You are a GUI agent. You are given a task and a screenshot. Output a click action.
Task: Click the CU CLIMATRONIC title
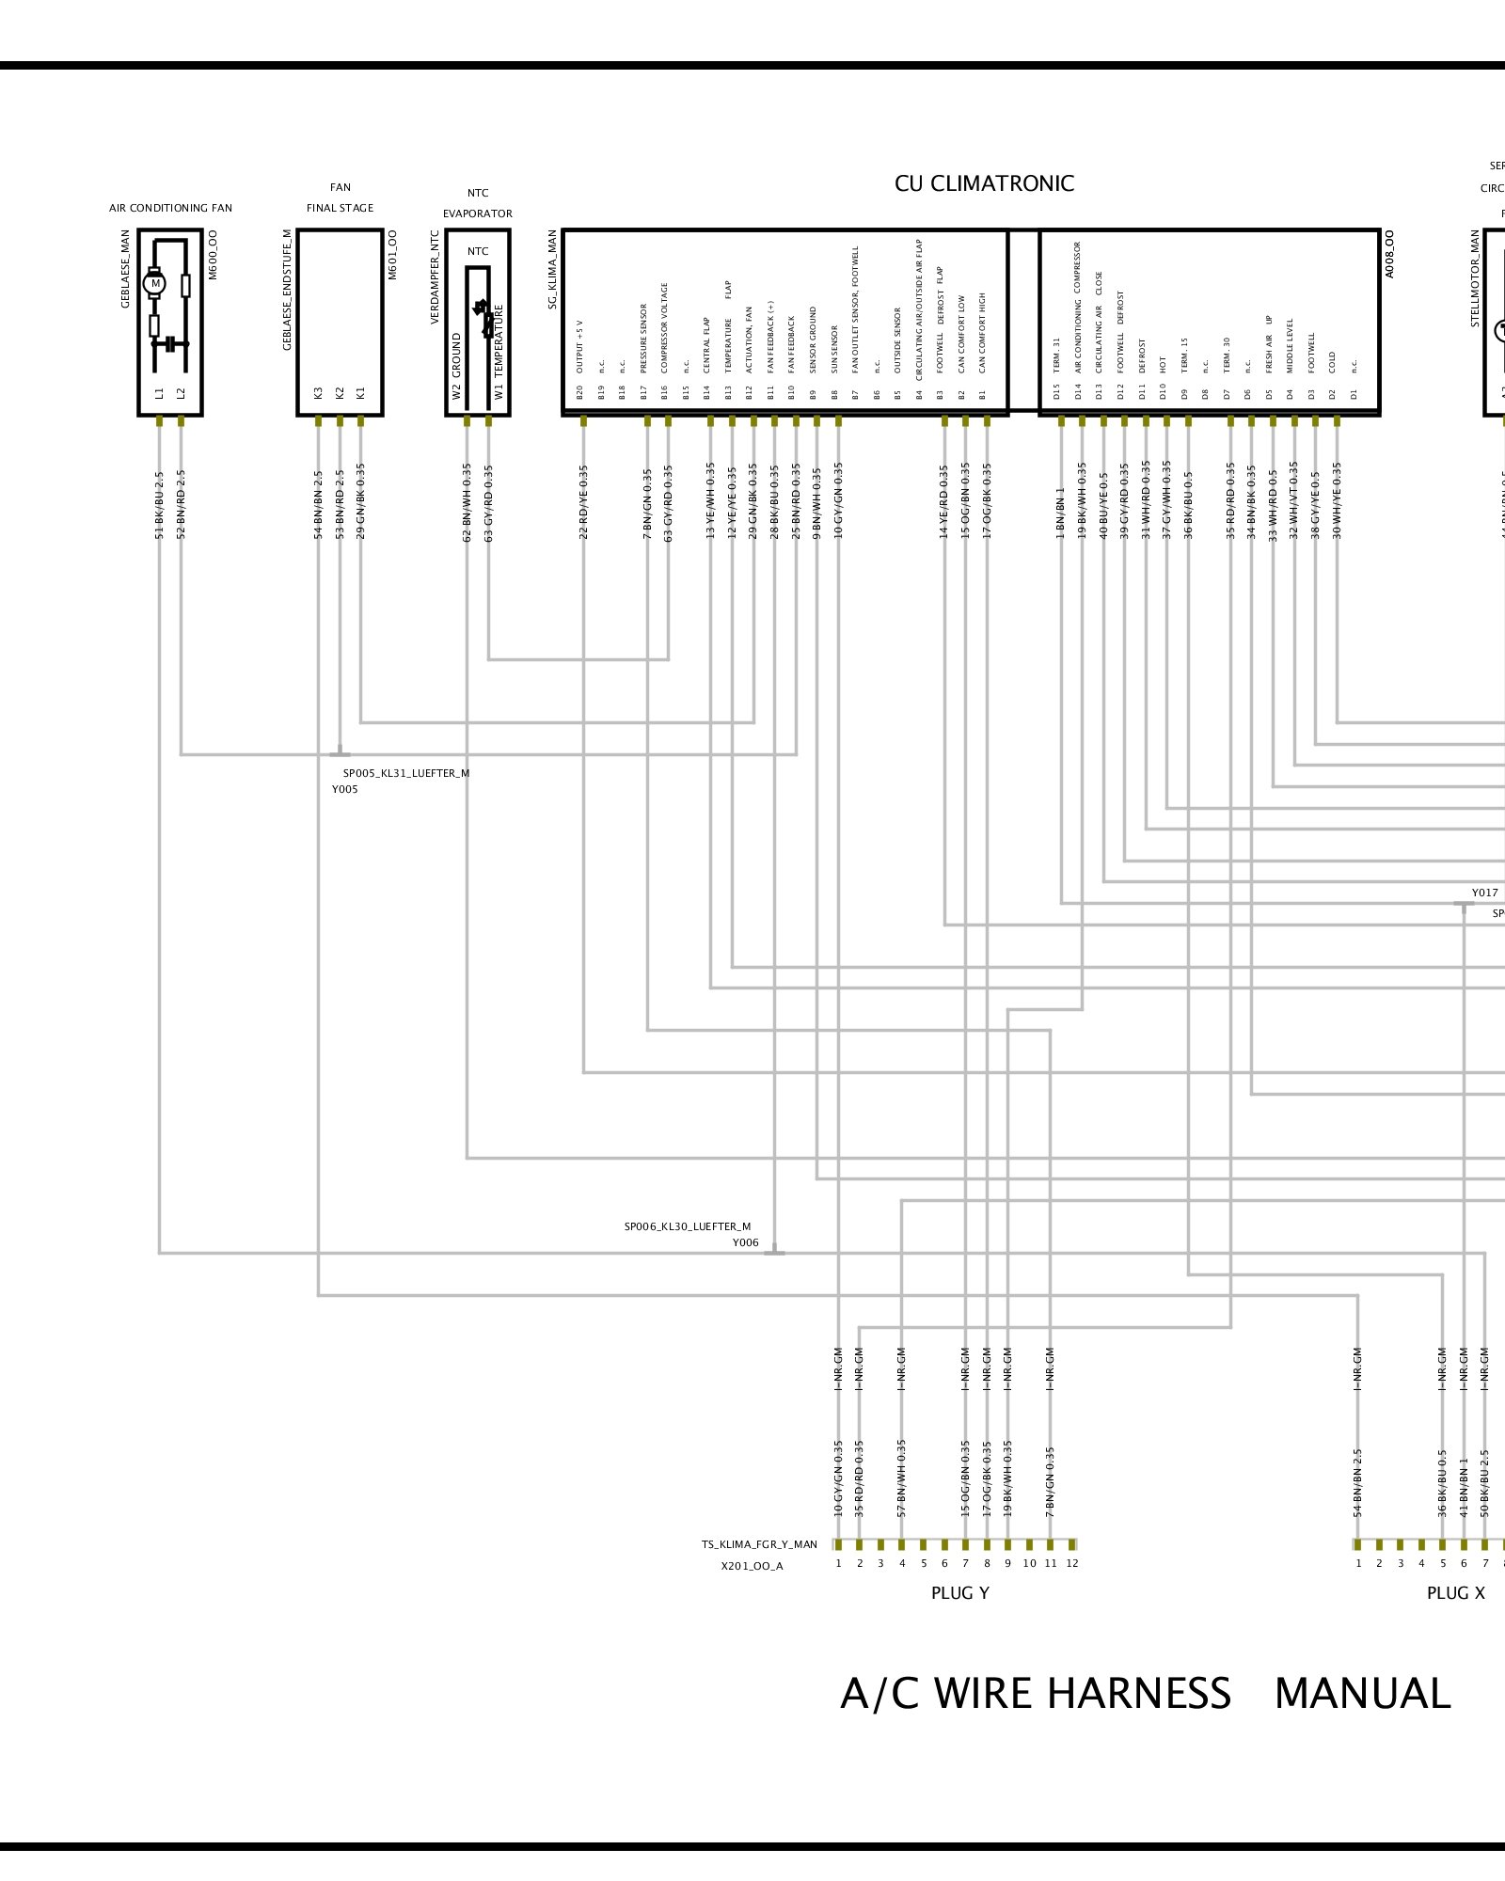point(984,183)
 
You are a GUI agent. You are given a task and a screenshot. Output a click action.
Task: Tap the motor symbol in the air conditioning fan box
point(155,283)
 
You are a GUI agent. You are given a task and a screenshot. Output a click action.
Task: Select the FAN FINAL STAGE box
point(340,321)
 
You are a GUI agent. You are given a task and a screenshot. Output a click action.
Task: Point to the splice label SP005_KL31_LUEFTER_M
point(405,773)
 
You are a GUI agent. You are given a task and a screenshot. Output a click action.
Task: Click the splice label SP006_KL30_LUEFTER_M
point(688,1226)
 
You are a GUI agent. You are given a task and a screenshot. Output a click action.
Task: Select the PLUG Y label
point(959,1593)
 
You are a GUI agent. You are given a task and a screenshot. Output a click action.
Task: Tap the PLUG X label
point(1455,1593)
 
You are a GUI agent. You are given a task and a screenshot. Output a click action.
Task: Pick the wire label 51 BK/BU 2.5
point(160,504)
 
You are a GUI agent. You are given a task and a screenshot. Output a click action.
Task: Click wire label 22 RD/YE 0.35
point(583,502)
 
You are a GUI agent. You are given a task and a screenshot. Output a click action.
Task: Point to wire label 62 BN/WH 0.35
point(467,502)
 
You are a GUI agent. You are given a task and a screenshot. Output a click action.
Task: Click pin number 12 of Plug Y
point(1072,1563)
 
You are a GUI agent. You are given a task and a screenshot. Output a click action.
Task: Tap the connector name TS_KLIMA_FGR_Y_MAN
point(759,1544)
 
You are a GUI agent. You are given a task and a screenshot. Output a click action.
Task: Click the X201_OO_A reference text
point(752,1566)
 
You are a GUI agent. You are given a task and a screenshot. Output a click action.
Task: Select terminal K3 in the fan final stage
point(319,392)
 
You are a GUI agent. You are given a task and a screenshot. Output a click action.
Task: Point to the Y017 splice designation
point(1484,893)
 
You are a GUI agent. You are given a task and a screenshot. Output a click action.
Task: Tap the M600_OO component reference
point(213,254)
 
